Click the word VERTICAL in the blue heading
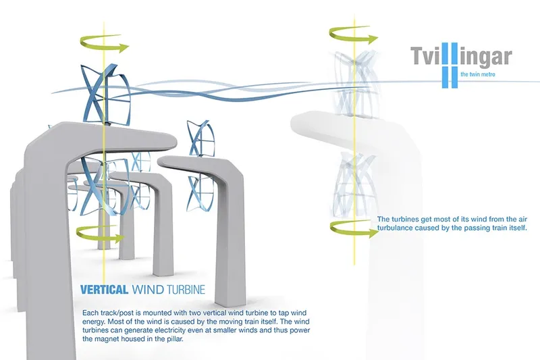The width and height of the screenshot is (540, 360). (x=104, y=289)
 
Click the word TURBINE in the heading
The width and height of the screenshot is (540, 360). (x=186, y=289)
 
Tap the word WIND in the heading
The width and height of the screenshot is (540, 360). (x=148, y=289)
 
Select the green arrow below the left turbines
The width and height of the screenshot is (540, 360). (x=100, y=234)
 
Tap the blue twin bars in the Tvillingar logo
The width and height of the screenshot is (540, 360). (x=450, y=65)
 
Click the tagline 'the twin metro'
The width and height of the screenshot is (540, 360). (x=478, y=74)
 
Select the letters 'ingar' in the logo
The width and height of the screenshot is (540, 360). (x=485, y=57)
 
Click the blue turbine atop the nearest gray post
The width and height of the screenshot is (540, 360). (x=105, y=95)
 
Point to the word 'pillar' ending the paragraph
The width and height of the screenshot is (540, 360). (x=175, y=339)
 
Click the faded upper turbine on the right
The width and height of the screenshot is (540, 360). (x=354, y=81)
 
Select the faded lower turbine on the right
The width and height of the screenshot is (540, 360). (x=354, y=185)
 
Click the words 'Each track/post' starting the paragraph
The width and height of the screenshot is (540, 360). (x=103, y=313)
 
